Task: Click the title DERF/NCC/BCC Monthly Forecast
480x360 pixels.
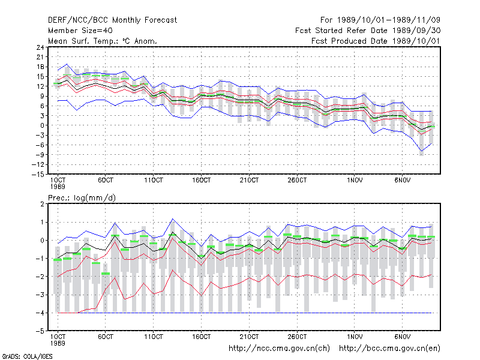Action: tap(112, 20)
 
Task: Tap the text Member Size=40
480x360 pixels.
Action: tap(80, 31)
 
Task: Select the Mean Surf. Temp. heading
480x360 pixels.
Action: tap(102, 41)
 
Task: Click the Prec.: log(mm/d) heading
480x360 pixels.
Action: tap(82, 198)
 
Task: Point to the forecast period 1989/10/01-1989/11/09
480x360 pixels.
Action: tap(380, 20)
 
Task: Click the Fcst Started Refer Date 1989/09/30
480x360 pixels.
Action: tap(368, 31)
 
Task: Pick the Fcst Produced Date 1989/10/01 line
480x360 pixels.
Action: tap(376, 41)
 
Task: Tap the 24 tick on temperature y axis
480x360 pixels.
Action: tap(40, 47)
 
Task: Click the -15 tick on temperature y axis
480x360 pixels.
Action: tap(38, 175)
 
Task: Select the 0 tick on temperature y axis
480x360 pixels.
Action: tap(42, 125)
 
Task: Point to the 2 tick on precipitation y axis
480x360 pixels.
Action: tap(42, 204)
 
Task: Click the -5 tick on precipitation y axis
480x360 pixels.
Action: tap(40, 331)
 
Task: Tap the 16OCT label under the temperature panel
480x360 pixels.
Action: tap(202, 181)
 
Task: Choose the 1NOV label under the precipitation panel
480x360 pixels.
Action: tap(355, 337)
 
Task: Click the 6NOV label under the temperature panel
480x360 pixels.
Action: tap(402, 181)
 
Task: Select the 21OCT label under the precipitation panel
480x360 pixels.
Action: tap(249, 337)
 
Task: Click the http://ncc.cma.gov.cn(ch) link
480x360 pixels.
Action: tap(280, 349)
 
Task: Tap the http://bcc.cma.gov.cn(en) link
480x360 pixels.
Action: tap(389, 349)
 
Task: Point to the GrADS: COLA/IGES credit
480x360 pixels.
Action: tap(27, 356)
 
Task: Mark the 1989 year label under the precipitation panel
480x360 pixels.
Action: tap(58, 343)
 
